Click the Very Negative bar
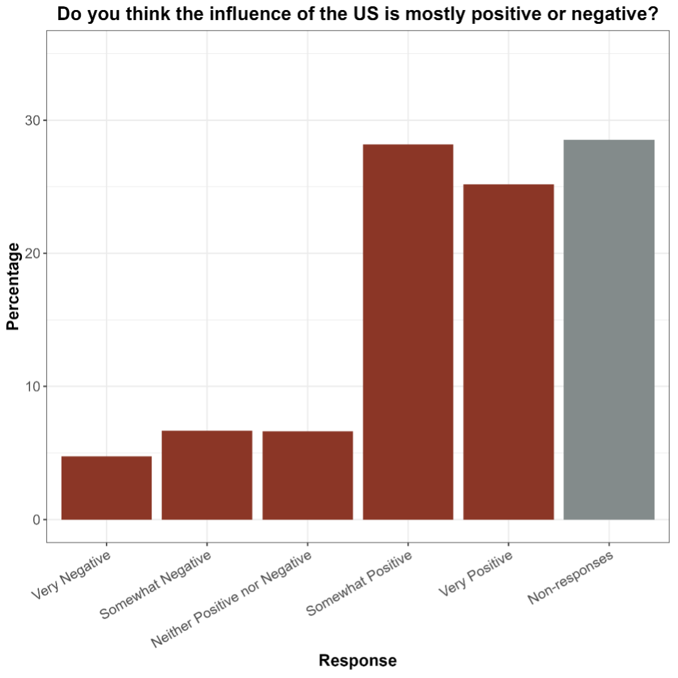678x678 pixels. (x=106, y=488)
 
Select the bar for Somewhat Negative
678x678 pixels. (x=207, y=475)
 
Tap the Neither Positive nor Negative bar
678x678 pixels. (x=307, y=475)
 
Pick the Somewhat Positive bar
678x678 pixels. (x=408, y=332)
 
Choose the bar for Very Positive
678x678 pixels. (x=508, y=352)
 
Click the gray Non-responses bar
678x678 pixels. (x=609, y=329)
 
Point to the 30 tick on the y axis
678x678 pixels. (x=32, y=120)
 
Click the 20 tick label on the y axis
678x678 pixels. (x=32, y=253)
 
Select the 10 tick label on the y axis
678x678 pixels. (x=32, y=386)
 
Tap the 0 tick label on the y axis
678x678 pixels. (x=36, y=519)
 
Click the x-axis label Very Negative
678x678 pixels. (x=70, y=576)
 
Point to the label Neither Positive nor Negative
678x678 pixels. (x=231, y=600)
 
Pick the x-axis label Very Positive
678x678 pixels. (x=475, y=575)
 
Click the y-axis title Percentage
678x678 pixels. (x=13, y=286)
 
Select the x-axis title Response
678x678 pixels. (x=358, y=660)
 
